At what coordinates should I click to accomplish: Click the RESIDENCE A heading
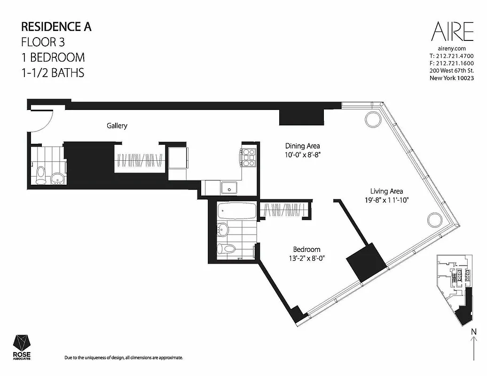click(x=57, y=26)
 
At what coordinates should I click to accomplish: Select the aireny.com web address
click(x=451, y=48)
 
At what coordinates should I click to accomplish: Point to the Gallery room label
click(x=117, y=126)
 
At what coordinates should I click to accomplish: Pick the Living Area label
click(x=386, y=191)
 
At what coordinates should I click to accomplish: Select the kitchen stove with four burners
click(x=248, y=157)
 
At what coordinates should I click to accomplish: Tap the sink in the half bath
click(x=57, y=178)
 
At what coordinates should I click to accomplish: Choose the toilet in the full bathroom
click(x=228, y=249)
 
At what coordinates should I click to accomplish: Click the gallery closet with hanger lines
click(x=140, y=160)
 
